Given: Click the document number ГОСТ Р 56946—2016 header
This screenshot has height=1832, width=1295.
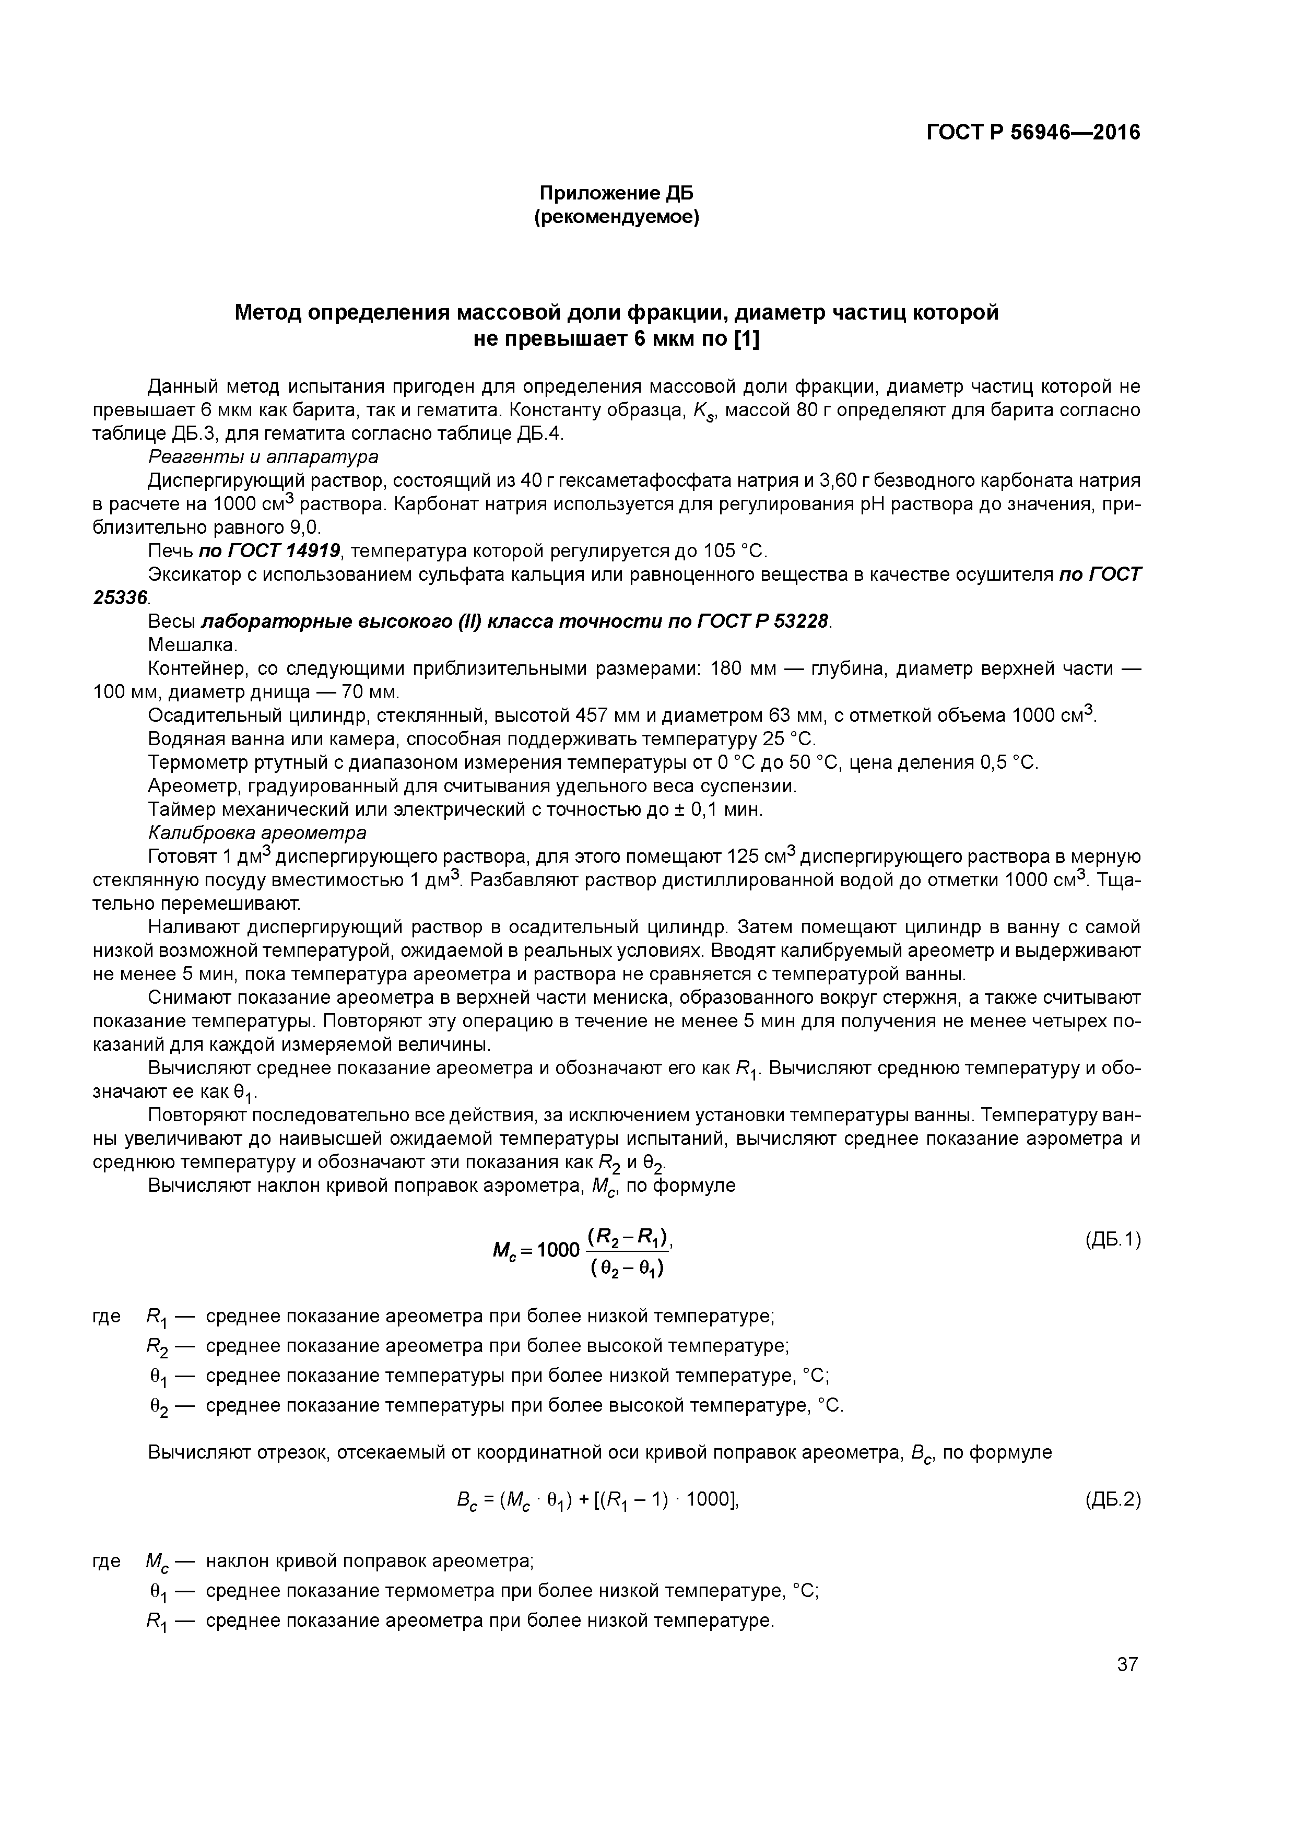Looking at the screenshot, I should (x=1033, y=133).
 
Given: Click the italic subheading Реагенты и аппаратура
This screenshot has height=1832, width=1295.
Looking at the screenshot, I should (x=263, y=456).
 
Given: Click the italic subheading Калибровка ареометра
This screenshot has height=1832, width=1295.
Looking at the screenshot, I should (x=258, y=833).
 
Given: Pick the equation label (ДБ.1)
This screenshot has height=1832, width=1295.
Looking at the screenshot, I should (x=1113, y=1239).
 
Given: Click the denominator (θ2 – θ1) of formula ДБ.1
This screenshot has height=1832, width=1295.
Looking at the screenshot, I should (x=628, y=1266).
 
